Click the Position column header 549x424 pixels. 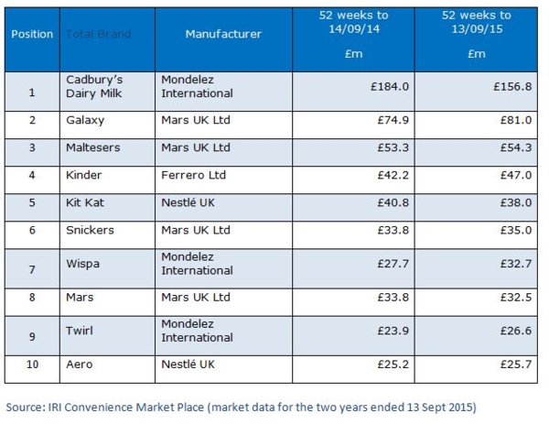point(32,34)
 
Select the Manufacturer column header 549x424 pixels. point(223,34)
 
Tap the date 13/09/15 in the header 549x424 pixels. point(476,28)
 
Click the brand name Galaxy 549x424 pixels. point(86,120)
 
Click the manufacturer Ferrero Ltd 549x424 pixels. point(193,175)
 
